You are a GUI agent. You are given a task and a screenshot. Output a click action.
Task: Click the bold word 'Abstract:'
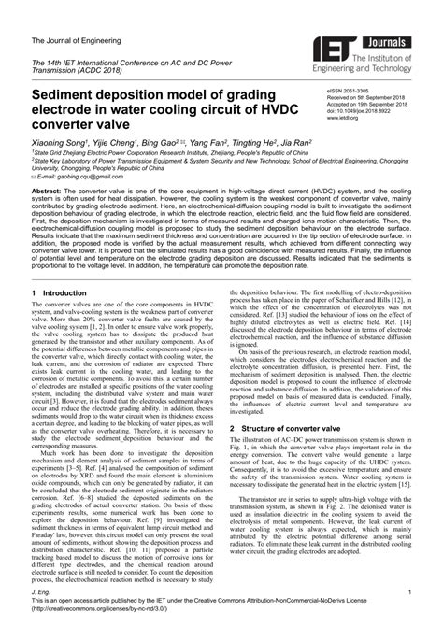pos(47,190)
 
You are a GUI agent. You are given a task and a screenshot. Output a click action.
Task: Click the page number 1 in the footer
pos(409,593)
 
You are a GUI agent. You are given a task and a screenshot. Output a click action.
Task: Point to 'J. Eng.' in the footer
pos(41,593)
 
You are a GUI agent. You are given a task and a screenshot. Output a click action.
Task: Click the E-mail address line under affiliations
pos(75,176)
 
